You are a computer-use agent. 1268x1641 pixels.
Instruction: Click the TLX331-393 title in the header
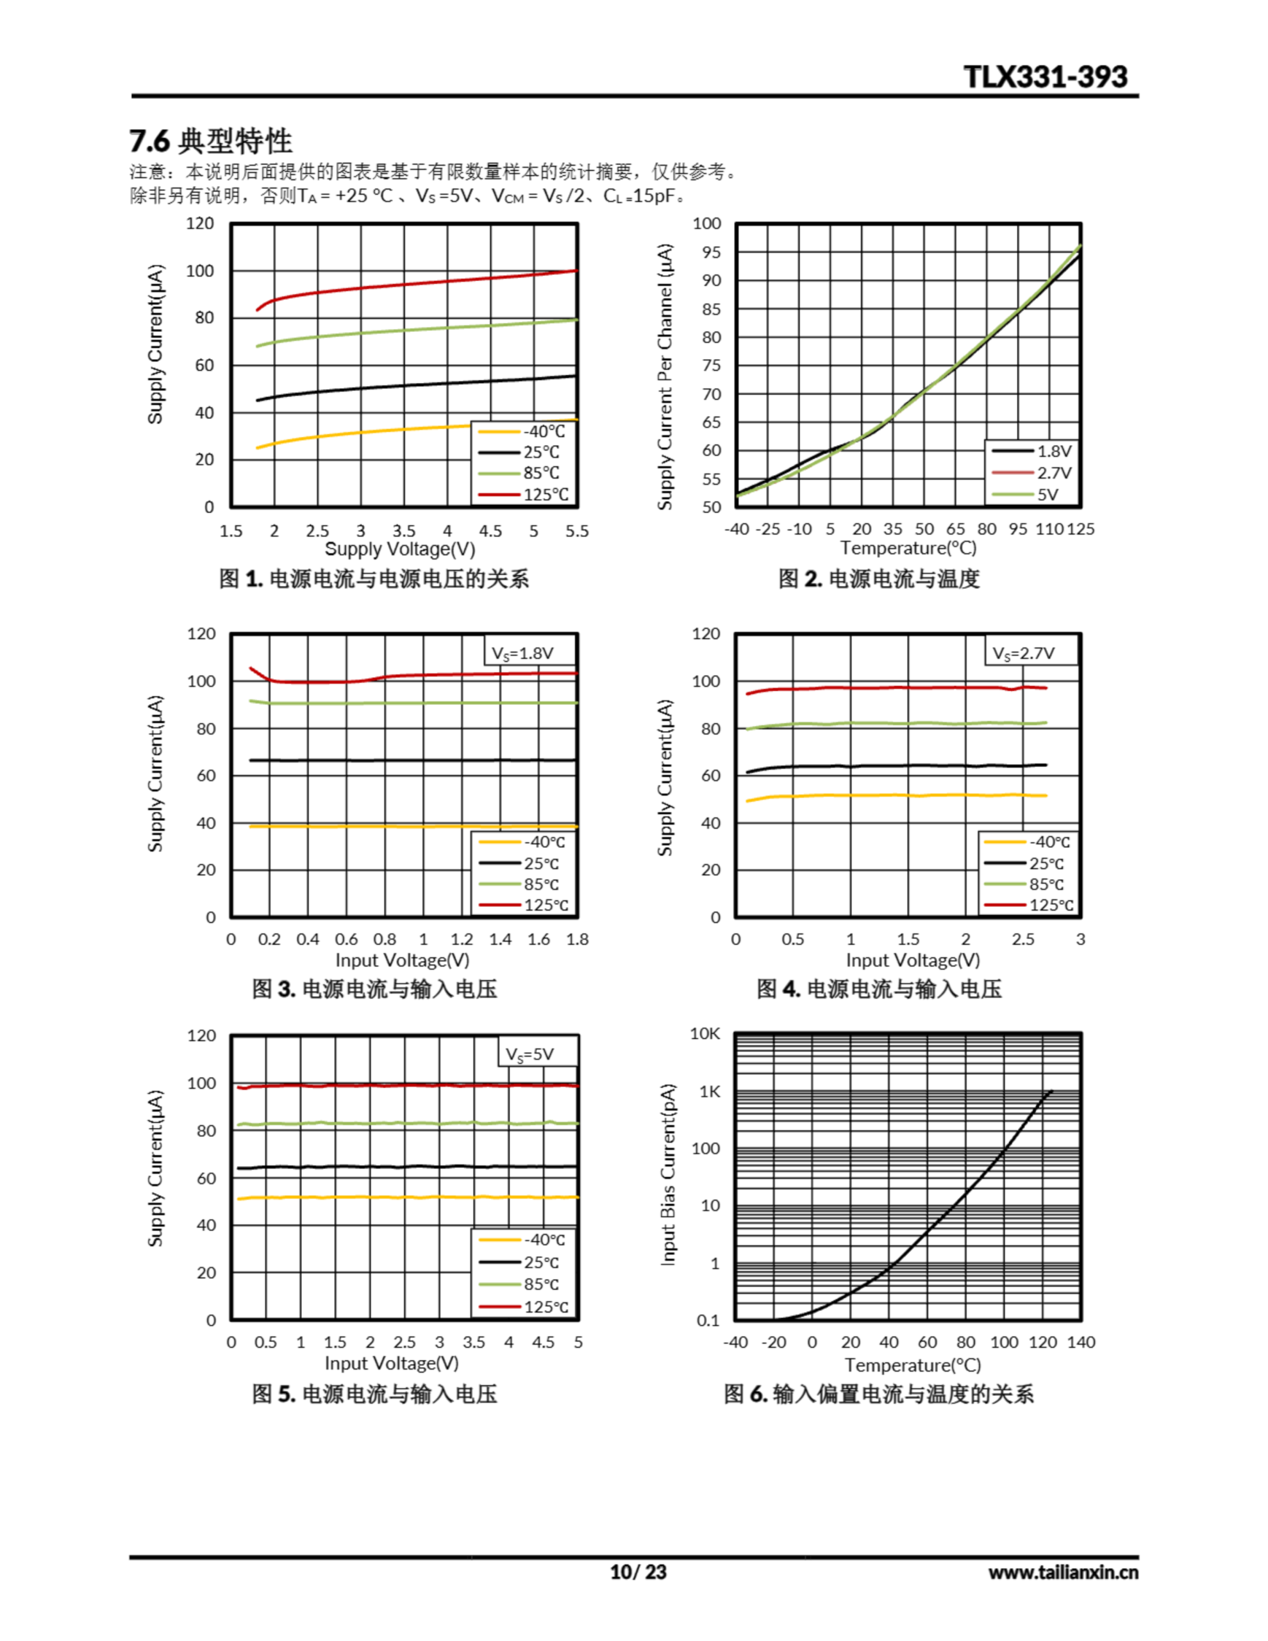pyautogui.click(x=1045, y=77)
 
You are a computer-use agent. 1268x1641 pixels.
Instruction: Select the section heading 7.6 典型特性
pyautogui.click(x=211, y=140)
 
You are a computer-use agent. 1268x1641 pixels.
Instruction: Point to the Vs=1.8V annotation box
pyautogui.click(x=522, y=653)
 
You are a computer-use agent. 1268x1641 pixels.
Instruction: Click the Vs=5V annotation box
pyautogui.click(x=530, y=1054)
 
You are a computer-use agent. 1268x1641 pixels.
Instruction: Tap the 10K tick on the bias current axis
pyautogui.click(x=705, y=1034)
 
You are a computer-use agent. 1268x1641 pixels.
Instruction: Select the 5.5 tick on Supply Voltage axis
pyautogui.click(x=576, y=531)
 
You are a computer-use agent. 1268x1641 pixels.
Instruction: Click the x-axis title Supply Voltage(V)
pyautogui.click(x=400, y=549)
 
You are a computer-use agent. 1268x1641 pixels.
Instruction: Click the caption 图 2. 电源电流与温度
pyautogui.click(x=879, y=579)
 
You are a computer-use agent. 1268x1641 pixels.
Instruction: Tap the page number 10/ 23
pyautogui.click(x=637, y=1572)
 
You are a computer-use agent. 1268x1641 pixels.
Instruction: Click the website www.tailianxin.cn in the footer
pyautogui.click(x=1063, y=1572)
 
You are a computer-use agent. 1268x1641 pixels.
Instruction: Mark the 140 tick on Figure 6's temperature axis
pyautogui.click(x=1081, y=1342)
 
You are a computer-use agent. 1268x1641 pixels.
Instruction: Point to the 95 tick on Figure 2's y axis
pyautogui.click(x=711, y=253)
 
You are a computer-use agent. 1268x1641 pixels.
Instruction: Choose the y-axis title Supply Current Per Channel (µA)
pyautogui.click(x=665, y=376)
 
